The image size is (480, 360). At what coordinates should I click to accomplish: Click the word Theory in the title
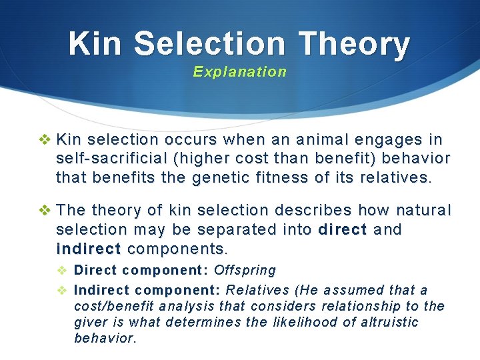pyautogui.click(x=355, y=45)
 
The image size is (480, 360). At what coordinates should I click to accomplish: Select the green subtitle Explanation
pyautogui.click(x=240, y=72)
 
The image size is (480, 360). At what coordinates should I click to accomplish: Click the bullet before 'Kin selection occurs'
pyautogui.click(x=45, y=140)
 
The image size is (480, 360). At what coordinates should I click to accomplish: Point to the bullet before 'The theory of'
pyautogui.click(x=45, y=211)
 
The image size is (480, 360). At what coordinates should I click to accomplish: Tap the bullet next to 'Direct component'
pyautogui.click(x=61, y=270)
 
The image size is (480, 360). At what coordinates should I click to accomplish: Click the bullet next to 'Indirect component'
pyautogui.click(x=61, y=290)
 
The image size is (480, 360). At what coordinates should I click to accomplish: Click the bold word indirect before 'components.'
pyautogui.click(x=89, y=249)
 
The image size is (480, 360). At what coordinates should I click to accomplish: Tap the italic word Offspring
pyautogui.click(x=245, y=270)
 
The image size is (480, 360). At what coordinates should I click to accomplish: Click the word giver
pyautogui.click(x=89, y=322)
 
